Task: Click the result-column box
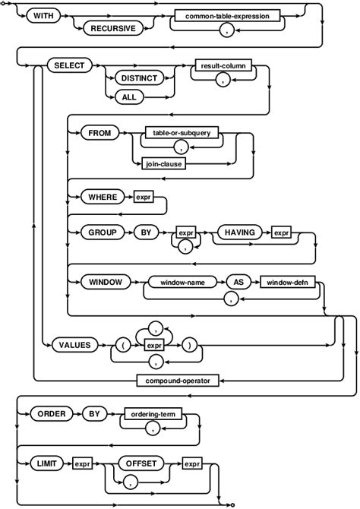click(x=223, y=66)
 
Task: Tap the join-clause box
click(x=165, y=163)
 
